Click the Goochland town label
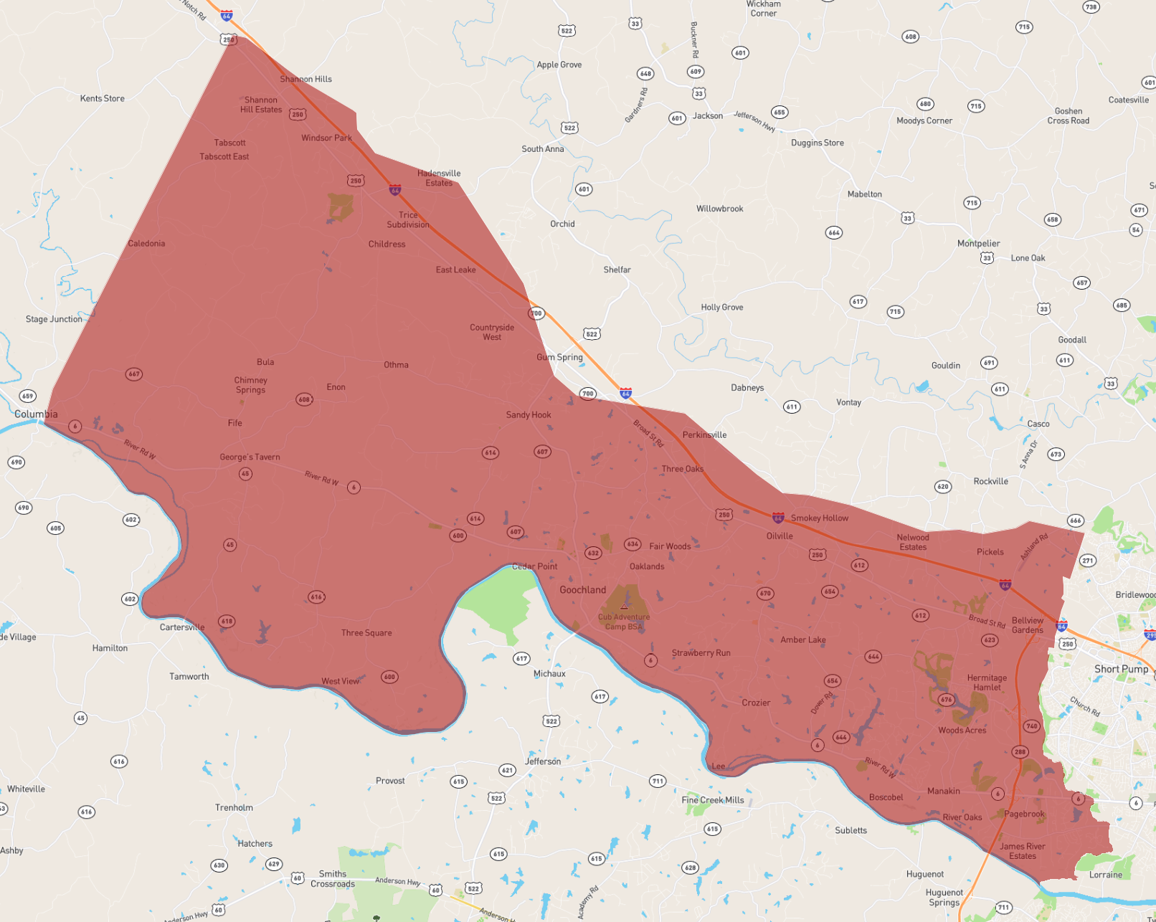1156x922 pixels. click(x=582, y=590)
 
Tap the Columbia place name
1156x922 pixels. click(x=36, y=414)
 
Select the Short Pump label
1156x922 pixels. click(x=1121, y=669)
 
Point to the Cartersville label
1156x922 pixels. click(x=182, y=627)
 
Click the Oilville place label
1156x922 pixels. click(x=780, y=536)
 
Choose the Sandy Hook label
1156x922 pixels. click(x=529, y=415)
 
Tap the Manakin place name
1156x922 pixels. click(x=943, y=792)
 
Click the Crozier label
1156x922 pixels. click(x=756, y=703)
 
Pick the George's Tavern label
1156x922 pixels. click(x=250, y=457)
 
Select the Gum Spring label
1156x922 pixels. click(x=559, y=357)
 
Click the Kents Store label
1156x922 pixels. click(x=103, y=99)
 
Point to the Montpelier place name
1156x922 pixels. click(x=978, y=244)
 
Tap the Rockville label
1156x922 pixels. click(x=990, y=482)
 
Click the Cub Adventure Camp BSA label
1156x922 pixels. click(x=624, y=622)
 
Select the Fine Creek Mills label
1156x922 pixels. click(x=713, y=800)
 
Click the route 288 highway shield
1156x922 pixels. click(x=1020, y=752)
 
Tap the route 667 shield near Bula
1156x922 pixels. click(x=134, y=374)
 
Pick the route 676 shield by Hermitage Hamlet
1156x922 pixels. click(x=947, y=700)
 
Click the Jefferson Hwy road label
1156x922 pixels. click(x=754, y=120)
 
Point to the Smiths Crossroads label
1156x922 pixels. click(x=333, y=879)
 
